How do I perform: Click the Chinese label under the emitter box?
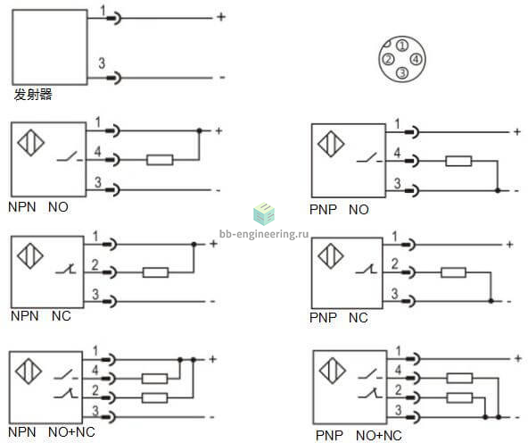pyautogui.click(x=33, y=95)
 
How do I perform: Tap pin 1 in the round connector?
pyautogui.click(x=402, y=46)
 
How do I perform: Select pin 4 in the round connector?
pyautogui.click(x=417, y=59)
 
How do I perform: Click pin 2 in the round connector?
pyautogui.click(x=388, y=59)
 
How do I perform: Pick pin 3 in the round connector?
pyautogui.click(x=402, y=73)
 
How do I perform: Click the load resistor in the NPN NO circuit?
pyautogui.click(x=160, y=160)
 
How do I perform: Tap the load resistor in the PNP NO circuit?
pyautogui.click(x=458, y=161)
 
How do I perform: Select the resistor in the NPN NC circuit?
pyautogui.click(x=155, y=272)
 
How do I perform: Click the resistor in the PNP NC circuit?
pyautogui.click(x=454, y=272)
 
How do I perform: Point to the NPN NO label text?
pyautogui.click(x=38, y=207)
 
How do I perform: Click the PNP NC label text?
pyautogui.click(x=338, y=318)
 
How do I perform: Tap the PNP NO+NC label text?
pyautogui.click(x=359, y=435)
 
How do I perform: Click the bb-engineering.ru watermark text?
pyautogui.click(x=264, y=234)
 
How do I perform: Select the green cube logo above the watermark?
pyautogui.click(x=264, y=213)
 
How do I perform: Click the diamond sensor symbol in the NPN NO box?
pyautogui.click(x=31, y=143)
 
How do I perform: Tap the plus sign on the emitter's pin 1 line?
pyautogui.click(x=221, y=16)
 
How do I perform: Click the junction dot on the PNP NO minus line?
pyautogui.click(x=498, y=191)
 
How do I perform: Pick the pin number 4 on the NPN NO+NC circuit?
pyautogui.click(x=95, y=370)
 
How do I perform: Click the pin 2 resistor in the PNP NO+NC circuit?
pyautogui.click(x=459, y=398)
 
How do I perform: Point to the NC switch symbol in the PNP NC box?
pyautogui.click(x=367, y=269)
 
